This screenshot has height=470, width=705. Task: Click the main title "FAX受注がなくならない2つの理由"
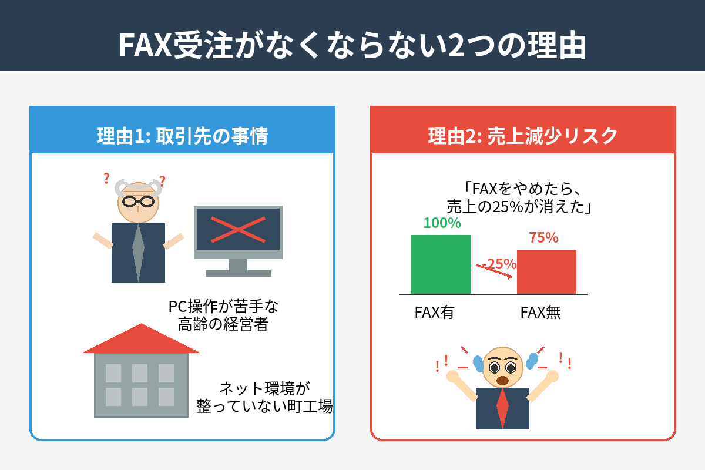click(x=352, y=45)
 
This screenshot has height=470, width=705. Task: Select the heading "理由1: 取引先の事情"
click(x=182, y=136)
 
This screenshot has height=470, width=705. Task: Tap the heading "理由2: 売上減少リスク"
click(x=522, y=136)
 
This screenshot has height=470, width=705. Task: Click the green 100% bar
click(x=441, y=264)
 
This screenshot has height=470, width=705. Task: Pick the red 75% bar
click(x=546, y=271)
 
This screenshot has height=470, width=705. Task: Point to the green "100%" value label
click(x=442, y=223)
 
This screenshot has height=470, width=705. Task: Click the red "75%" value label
click(x=543, y=237)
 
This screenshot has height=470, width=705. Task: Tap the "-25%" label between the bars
click(x=499, y=264)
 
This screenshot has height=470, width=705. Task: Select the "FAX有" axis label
click(x=434, y=313)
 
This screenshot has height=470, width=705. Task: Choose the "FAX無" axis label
click(x=540, y=313)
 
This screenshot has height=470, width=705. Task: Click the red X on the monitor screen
click(x=238, y=230)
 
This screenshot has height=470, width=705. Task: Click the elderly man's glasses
click(x=138, y=202)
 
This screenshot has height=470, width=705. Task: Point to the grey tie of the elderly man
click(x=138, y=252)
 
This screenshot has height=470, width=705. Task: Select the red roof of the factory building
click(x=141, y=338)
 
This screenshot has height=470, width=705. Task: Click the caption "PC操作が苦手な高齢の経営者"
click(x=223, y=315)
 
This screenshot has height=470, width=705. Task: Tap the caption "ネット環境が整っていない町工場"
click(x=264, y=398)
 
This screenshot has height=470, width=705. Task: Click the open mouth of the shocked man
click(x=502, y=381)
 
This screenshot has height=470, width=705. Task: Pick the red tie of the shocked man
click(x=502, y=408)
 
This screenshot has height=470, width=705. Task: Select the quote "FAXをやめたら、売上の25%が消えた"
click(x=519, y=198)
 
